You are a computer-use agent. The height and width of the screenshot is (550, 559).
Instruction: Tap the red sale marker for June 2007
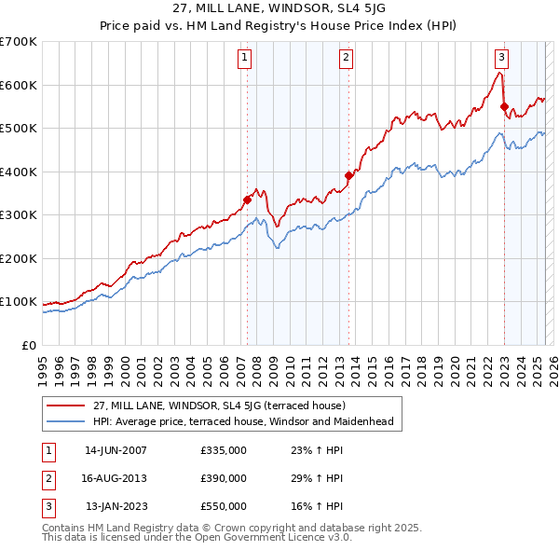click(247, 199)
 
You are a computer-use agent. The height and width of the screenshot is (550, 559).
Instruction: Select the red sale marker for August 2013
click(348, 175)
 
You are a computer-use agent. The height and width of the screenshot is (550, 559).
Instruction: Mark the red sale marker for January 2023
click(504, 106)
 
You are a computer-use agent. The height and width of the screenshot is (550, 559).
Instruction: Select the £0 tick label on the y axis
click(29, 345)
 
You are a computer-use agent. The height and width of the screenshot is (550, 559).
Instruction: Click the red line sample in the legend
click(67, 406)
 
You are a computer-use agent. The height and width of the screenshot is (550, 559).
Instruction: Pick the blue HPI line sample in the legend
click(67, 421)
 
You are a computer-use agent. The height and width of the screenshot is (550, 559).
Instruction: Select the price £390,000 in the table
click(224, 478)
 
